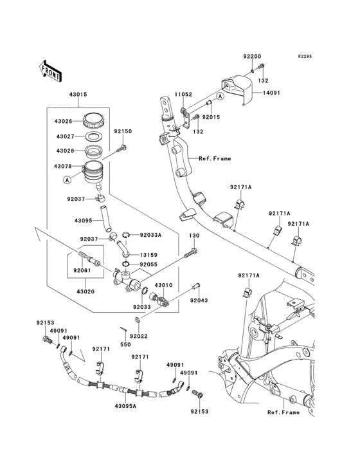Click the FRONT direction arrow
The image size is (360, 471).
(50, 71)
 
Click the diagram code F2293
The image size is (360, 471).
(305, 56)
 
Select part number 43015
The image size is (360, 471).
(78, 95)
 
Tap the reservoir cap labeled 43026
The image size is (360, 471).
(94, 120)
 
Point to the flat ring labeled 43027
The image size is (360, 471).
(94, 136)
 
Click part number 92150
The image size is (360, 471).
(123, 131)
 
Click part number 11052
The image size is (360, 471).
(184, 95)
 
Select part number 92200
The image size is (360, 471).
(252, 56)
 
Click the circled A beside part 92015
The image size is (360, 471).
(221, 96)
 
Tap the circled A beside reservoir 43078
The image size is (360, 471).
(67, 180)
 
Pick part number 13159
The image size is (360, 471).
(148, 255)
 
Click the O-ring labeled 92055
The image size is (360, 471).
(126, 264)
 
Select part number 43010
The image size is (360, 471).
(163, 285)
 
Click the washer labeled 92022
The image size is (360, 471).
(137, 320)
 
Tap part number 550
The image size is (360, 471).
(125, 344)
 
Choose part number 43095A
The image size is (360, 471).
(125, 406)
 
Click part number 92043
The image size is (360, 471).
(199, 300)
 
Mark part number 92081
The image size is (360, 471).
(82, 270)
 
